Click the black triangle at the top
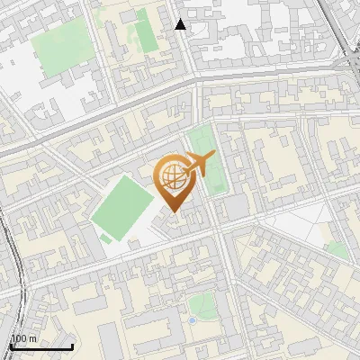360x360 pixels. [181, 24]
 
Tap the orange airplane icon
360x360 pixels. [202, 165]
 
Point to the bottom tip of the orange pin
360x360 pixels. [171, 211]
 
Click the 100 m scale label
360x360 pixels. [23, 338]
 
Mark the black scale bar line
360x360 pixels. [41, 346]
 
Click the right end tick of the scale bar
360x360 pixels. [73, 345]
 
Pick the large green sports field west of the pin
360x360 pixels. [121, 206]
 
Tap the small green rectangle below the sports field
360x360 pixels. [107, 238]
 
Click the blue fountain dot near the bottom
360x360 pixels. [192, 319]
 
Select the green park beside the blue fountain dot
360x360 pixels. [203, 306]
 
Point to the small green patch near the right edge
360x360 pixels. [337, 250]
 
